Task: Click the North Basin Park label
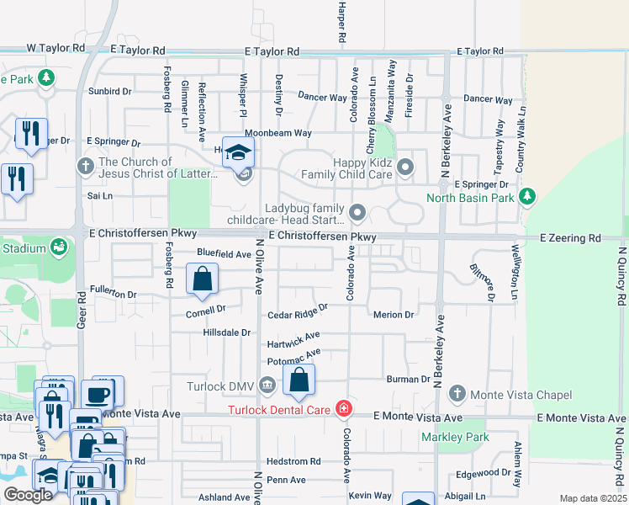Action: (469, 198)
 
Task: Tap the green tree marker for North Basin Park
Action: (527, 197)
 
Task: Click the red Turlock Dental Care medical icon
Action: (343, 410)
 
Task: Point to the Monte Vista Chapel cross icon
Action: (457, 393)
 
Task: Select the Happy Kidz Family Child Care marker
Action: (406, 167)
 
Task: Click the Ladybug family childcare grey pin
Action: (357, 211)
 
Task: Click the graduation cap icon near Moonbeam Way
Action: (239, 151)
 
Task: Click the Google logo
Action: (28, 495)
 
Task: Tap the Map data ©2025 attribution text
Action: (593, 498)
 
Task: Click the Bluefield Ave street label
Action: (225, 253)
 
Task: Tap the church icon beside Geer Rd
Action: (85, 166)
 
